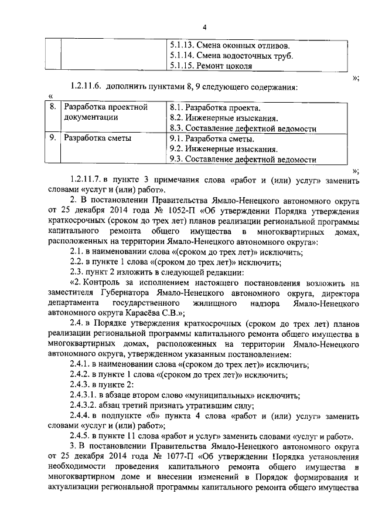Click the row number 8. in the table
tap(52, 107)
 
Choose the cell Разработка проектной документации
tap(105, 112)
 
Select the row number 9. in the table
tap(52, 139)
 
